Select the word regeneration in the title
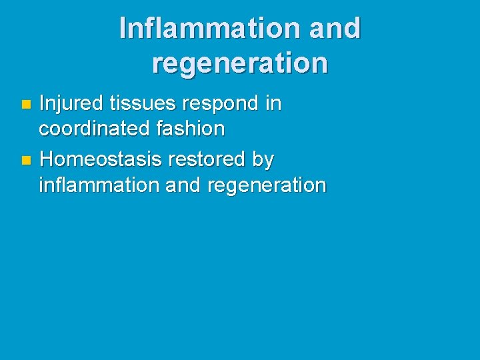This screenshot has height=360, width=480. point(240,63)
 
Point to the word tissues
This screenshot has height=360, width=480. point(139,104)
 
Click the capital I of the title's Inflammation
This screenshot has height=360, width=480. point(123,28)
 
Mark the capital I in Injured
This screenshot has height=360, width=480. point(42,104)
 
